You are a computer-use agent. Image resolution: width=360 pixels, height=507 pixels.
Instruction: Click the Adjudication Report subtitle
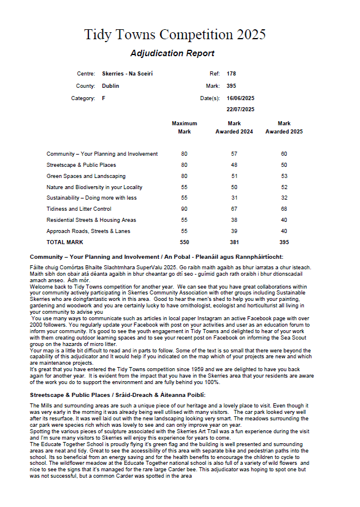coord(172,53)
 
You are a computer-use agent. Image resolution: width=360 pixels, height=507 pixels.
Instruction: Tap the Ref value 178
coord(231,74)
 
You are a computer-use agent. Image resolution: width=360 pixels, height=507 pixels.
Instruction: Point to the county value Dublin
coord(110,85)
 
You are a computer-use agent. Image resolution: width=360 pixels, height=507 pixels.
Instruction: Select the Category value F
coord(104,98)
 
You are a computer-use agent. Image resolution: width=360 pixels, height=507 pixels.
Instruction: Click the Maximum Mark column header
coord(184,128)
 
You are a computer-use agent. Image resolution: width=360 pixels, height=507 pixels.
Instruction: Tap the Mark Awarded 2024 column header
coord(234,128)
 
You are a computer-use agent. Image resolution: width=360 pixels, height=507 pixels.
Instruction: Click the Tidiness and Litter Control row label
coord(79,209)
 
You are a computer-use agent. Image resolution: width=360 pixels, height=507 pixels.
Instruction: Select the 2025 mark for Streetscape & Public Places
coord(284,165)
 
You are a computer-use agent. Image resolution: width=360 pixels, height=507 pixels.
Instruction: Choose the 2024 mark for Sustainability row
coord(234,198)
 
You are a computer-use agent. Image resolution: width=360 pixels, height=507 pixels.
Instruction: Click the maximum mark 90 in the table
coord(184,209)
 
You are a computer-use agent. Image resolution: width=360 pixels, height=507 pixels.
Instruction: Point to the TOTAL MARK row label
coord(65,242)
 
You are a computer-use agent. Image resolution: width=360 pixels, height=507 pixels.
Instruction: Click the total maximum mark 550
coord(184,242)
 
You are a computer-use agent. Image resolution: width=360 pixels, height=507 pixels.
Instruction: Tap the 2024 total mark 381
coord(234,242)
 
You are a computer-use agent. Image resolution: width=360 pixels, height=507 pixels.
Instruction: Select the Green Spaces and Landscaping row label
coord(86,176)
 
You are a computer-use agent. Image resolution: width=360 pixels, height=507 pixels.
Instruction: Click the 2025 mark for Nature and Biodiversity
coord(284,187)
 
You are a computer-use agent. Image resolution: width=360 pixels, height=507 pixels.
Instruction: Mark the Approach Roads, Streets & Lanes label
coord(89,231)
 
